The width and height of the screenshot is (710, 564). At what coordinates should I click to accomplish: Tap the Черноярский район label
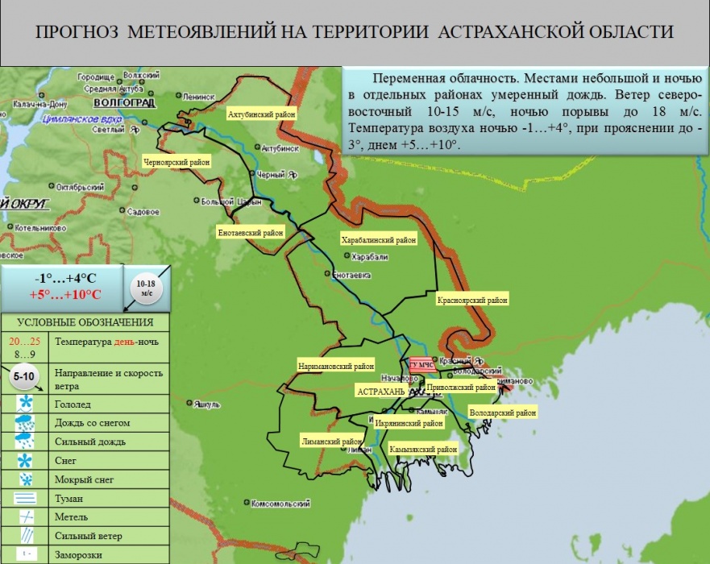coord(176,162)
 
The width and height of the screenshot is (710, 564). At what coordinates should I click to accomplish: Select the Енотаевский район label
coord(251,232)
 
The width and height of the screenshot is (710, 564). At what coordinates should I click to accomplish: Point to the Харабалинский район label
coord(379,240)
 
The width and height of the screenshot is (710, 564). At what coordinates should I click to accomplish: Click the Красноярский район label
coord(473,301)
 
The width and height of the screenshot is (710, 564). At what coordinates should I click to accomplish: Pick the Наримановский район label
coord(337,365)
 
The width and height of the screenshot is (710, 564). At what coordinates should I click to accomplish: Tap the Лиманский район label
coord(332,442)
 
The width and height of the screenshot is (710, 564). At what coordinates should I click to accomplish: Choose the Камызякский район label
coord(423,449)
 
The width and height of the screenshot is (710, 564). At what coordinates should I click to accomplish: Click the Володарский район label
coord(502,413)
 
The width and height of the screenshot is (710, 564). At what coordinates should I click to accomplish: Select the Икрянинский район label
coord(409,423)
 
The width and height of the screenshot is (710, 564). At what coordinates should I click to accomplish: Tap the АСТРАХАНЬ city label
coord(381,391)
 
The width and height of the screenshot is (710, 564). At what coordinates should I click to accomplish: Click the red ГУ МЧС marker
coord(421,365)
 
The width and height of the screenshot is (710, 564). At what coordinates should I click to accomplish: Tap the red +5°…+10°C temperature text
coord(66,293)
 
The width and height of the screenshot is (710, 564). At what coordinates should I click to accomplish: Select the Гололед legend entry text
coord(73,404)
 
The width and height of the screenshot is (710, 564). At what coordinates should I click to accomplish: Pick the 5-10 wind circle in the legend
coord(24,375)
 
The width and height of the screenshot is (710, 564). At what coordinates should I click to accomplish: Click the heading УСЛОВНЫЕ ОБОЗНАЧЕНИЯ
coord(85,322)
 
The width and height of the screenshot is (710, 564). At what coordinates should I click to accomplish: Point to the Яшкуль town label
coord(208,404)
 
